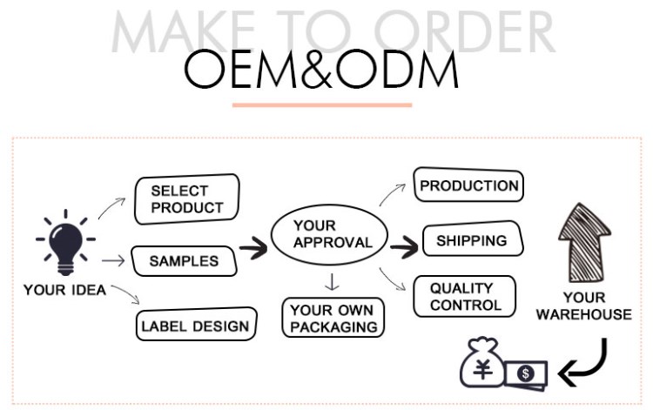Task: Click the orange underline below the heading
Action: (322, 105)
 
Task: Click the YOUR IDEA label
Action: (64, 290)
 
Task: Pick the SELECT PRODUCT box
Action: (185, 199)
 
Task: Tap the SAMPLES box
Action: (183, 260)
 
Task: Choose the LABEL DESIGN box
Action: (197, 326)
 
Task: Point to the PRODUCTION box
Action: (468, 185)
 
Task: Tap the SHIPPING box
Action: (471, 240)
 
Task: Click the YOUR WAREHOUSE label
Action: (583, 306)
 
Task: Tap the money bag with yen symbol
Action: (481, 364)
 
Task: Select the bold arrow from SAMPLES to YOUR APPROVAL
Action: (253, 250)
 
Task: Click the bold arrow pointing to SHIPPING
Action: (404, 247)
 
